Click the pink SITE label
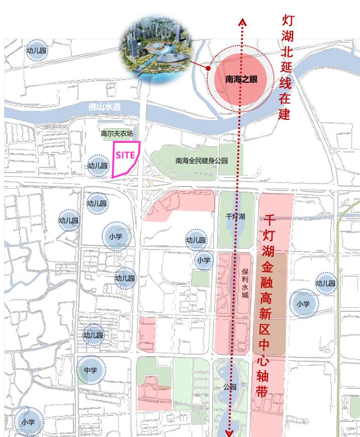pyautogui.click(x=125, y=155)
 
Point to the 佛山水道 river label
pyautogui.click(x=105, y=107)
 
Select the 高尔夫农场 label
pyautogui.click(x=117, y=134)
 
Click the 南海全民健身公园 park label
pyautogui.click(x=202, y=161)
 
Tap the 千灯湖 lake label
pyautogui.click(x=235, y=216)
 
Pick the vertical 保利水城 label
pyautogui.click(x=245, y=283)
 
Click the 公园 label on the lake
pyautogui.click(x=230, y=387)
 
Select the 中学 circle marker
pyautogui.click(x=91, y=371)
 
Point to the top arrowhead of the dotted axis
pyautogui.click(x=242, y=22)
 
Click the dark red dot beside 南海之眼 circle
pyautogui.click(x=208, y=67)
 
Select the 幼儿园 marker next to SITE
pyautogui.click(x=98, y=165)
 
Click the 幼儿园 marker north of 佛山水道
pyautogui.click(x=36, y=50)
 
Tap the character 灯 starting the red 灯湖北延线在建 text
pyautogui.click(x=287, y=21)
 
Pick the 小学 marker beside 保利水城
pyautogui.click(x=204, y=260)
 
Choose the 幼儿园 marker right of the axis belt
pyautogui.click(x=325, y=284)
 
